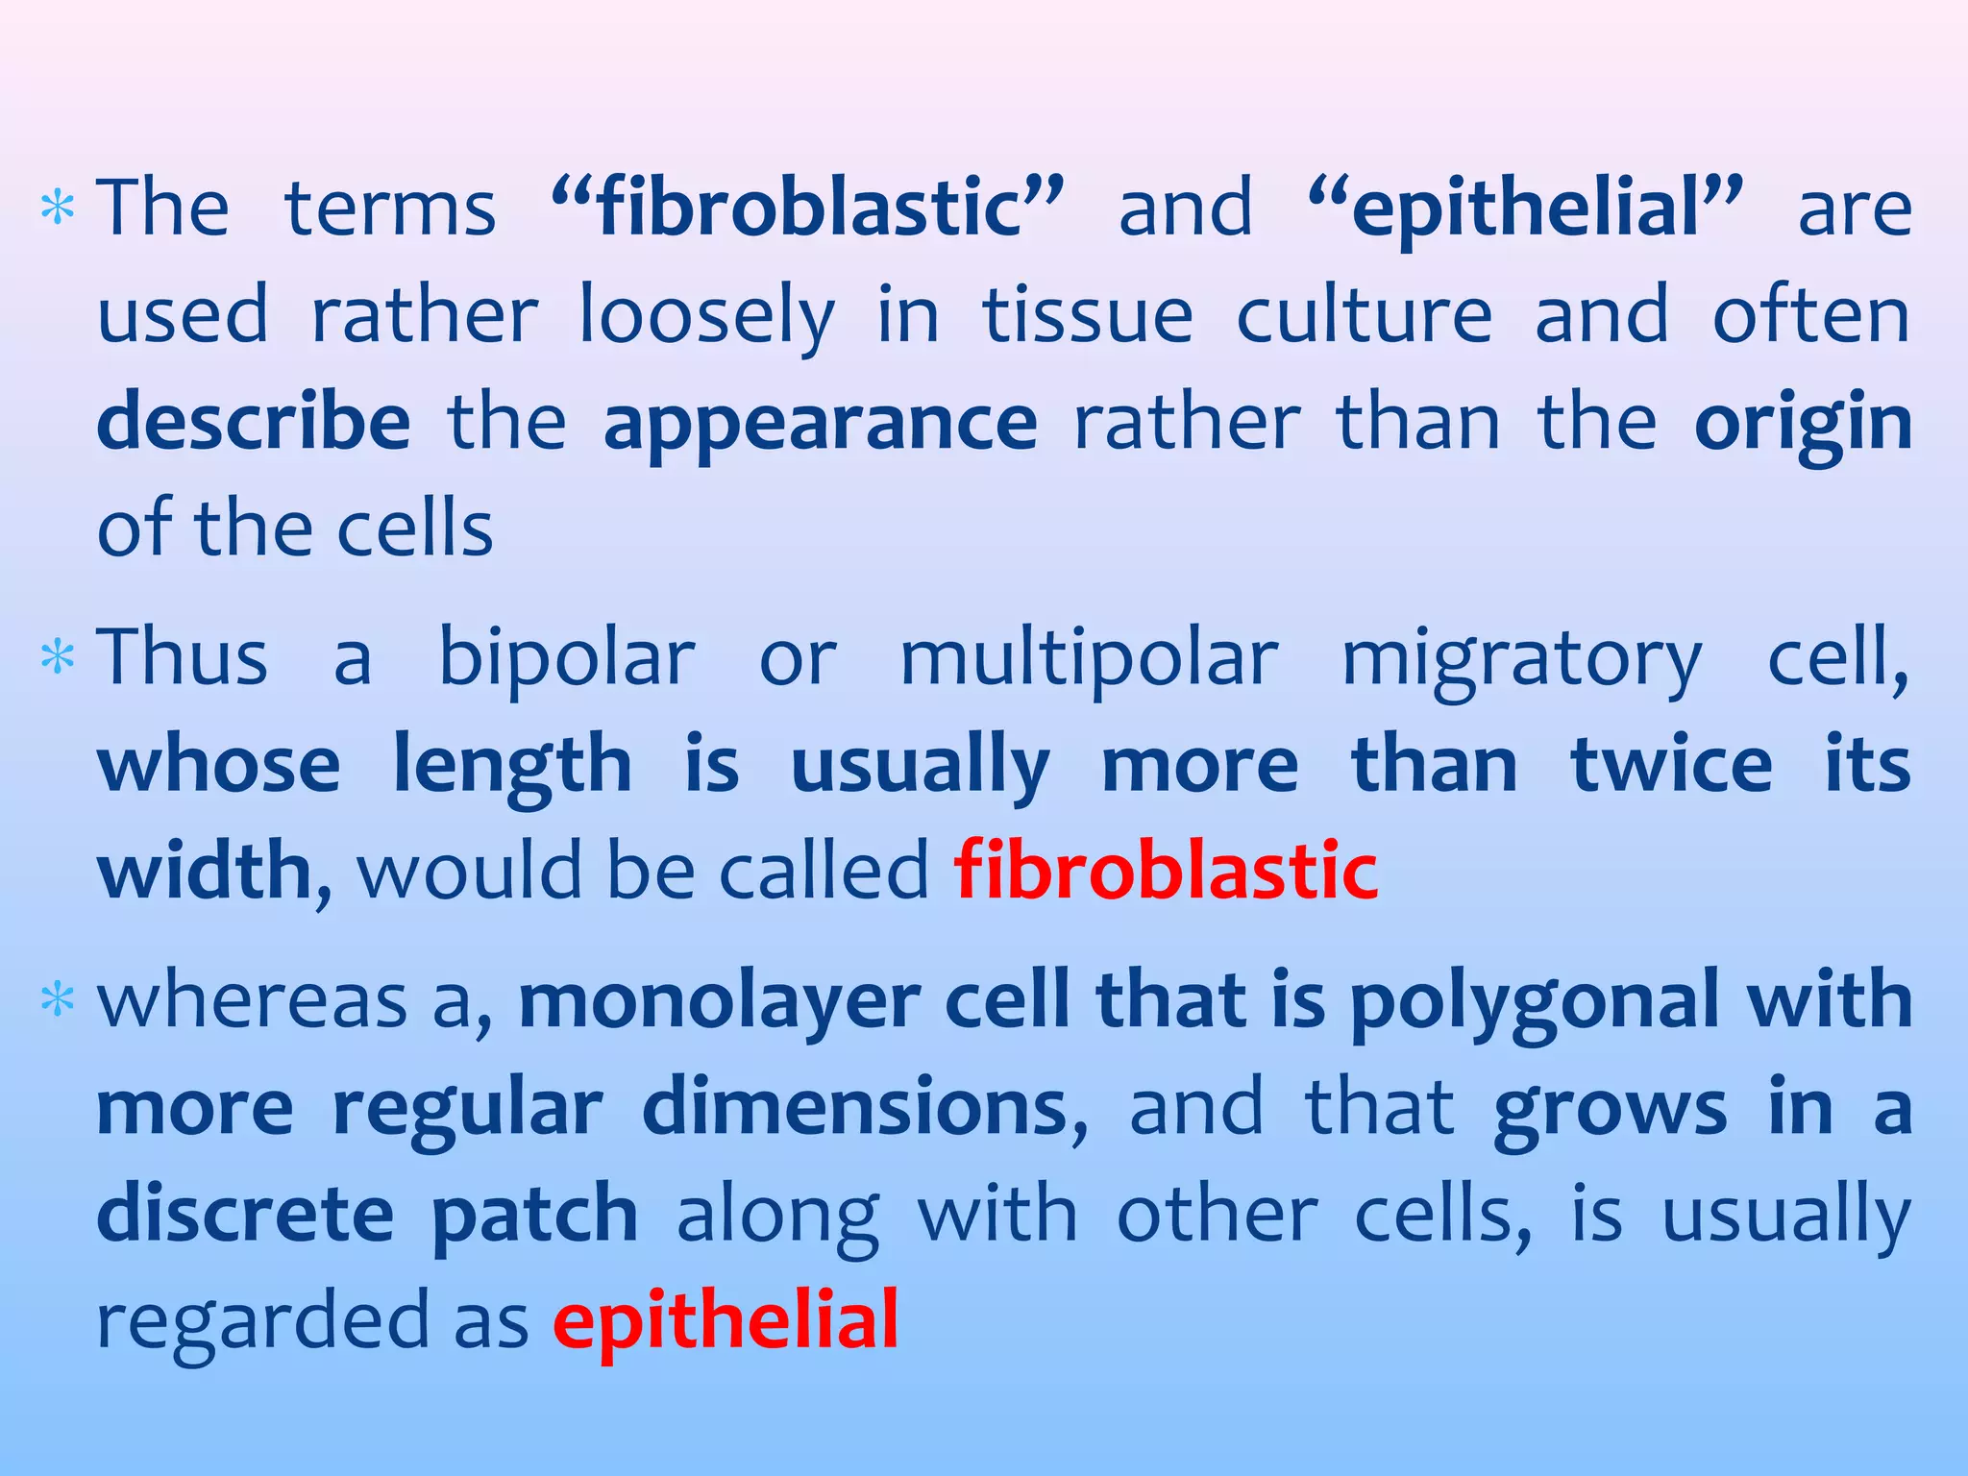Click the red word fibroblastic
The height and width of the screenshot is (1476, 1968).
(1166, 871)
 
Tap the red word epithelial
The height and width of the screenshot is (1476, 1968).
(726, 1320)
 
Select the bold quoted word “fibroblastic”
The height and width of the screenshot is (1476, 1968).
(808, 208)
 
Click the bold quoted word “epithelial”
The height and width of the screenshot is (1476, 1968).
(1526, 208)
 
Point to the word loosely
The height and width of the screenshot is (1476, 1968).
(707, 317)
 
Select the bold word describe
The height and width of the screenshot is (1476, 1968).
(255, 423)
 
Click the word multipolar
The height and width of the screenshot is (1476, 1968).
(1089, 659)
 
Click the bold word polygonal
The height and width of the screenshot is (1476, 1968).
(1534, 1003)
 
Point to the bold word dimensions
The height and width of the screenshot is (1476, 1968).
(855, 1107)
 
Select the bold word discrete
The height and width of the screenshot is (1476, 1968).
(246, 1213)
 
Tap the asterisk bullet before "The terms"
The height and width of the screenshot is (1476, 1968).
(59, 209)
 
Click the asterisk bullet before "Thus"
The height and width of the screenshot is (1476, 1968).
(59, 659)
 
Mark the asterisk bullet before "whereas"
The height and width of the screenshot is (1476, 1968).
(59, 1001)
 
